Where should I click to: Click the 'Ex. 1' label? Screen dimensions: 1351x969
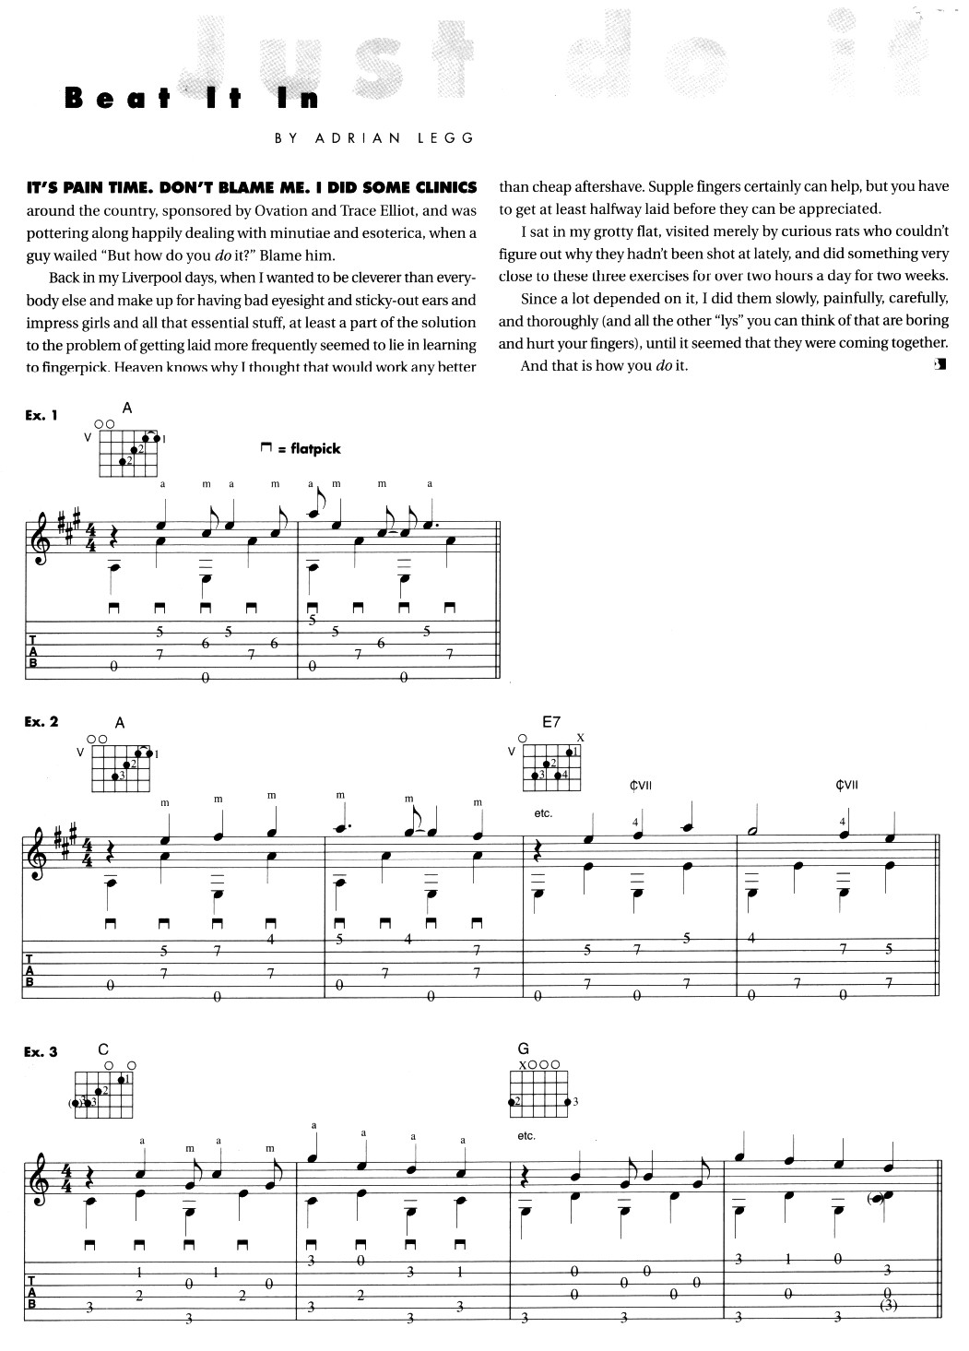pos(41,416)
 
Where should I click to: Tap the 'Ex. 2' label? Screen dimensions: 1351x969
pos(41,722)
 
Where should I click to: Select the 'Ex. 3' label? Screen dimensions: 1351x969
pos(41,1052)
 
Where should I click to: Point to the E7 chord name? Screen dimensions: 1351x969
pos(550,723)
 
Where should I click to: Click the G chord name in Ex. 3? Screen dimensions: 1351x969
pos(525,1049)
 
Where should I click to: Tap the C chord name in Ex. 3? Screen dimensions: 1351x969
pos(102,1049)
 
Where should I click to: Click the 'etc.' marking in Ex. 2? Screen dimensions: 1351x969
pos(543,814)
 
